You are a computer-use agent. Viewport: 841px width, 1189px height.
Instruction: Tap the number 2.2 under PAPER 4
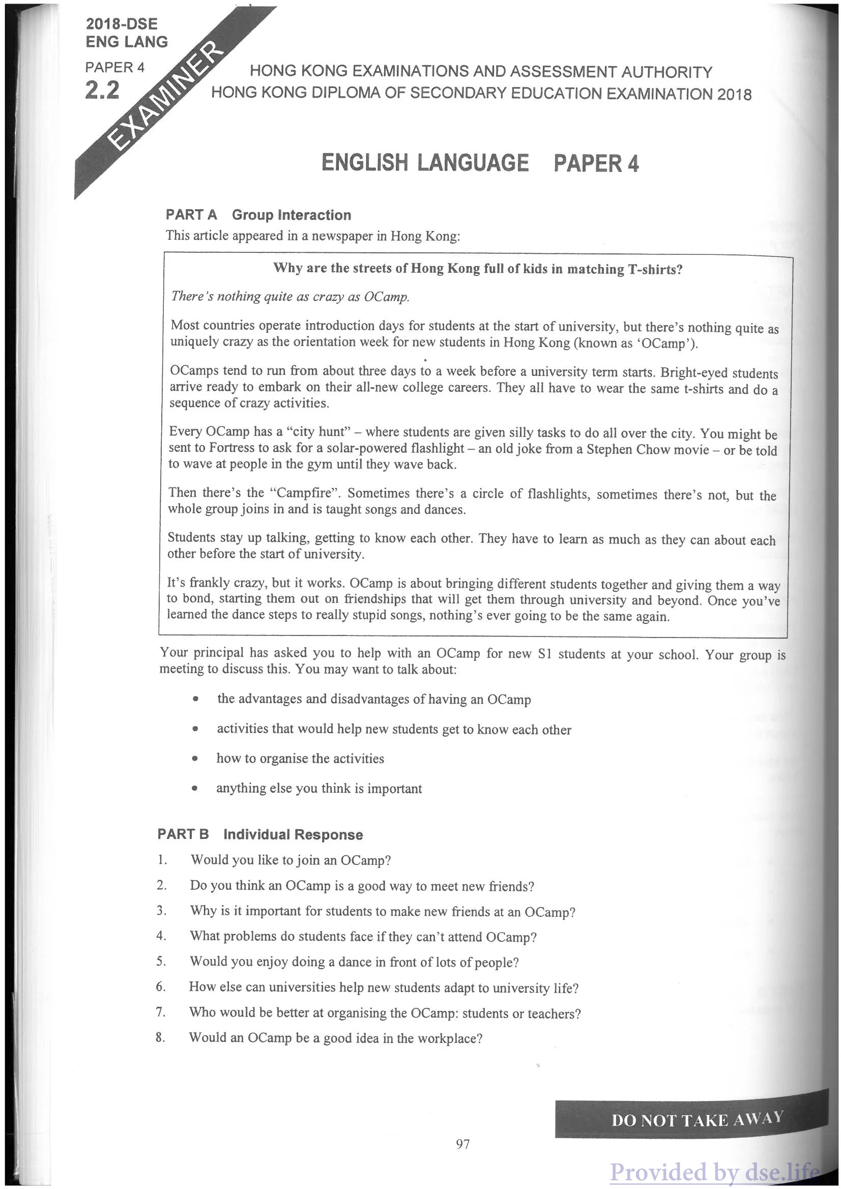102,90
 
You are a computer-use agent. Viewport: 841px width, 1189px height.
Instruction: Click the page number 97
462,1144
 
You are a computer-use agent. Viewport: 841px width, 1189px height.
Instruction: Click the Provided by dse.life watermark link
715,1171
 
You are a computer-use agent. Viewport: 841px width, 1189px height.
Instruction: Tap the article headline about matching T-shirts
477,269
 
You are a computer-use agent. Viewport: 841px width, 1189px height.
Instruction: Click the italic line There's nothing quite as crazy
290,296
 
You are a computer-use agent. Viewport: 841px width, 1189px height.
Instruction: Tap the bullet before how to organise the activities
195,759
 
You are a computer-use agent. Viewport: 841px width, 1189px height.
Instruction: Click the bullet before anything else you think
195,789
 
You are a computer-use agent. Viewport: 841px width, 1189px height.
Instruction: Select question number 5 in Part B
161,961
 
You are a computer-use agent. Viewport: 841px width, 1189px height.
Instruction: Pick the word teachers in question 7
554,1013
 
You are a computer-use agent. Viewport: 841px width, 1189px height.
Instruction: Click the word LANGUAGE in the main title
473,162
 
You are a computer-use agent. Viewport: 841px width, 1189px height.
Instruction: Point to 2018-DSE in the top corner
122,24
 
